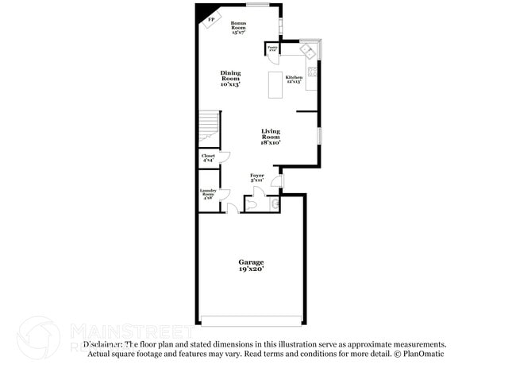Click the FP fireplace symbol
tap(211, 21)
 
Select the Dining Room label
tap(230, 78)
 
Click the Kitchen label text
tap(294, 79)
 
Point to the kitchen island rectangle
tap(275, 85)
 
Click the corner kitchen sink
tap(308, 50)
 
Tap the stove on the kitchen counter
tap(313, 72)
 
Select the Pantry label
tap(271, 48)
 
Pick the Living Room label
tap(271, 137)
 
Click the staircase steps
tap(207, 125)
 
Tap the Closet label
tap(208, 158)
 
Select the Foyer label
tap(257, 177)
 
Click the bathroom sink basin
tap(275, 204)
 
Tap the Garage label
tap(251, 265)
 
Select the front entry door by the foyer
tap(275, 182)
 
